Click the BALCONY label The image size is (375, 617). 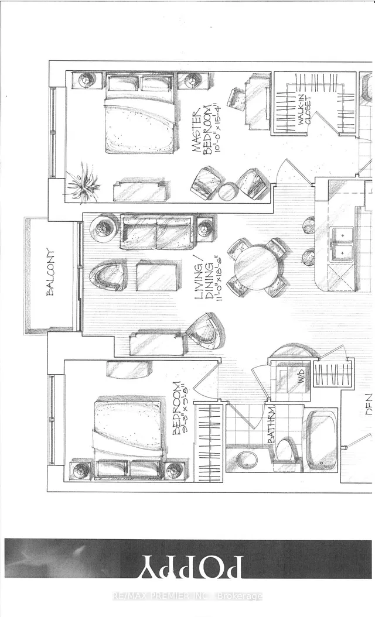51,273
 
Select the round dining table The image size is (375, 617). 256,268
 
